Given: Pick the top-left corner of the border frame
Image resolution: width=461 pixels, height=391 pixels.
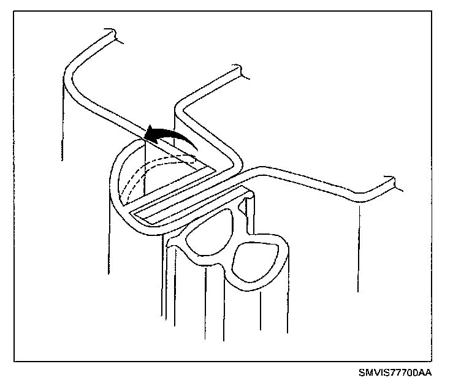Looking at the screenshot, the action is click(x=14, y=13).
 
